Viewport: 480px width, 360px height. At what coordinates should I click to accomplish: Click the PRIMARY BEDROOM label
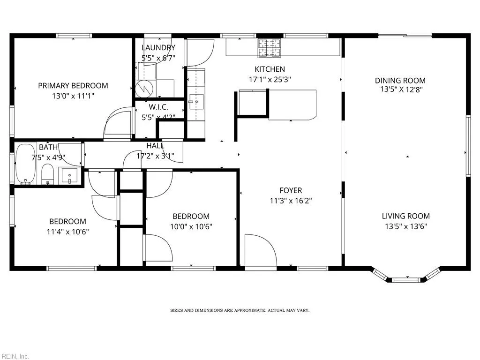[73, 85]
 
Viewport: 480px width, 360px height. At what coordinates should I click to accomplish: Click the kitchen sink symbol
[195, 101]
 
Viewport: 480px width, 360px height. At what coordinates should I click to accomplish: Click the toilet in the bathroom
[48, 174]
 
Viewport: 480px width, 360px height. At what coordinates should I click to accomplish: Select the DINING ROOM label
[400, 80]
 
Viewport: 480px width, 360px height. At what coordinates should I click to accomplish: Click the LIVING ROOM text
[405, 216]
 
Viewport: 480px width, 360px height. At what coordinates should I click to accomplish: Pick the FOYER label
[291, 190]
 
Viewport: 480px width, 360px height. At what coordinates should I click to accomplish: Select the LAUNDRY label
[158, 47]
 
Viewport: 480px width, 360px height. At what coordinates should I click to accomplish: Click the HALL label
[155, 146]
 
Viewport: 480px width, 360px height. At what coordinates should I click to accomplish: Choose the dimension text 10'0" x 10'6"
[191, 226]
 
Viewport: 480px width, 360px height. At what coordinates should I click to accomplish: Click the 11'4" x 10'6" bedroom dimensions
[68, 231]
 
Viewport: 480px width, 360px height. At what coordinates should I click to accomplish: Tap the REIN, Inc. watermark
[15, 356]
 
